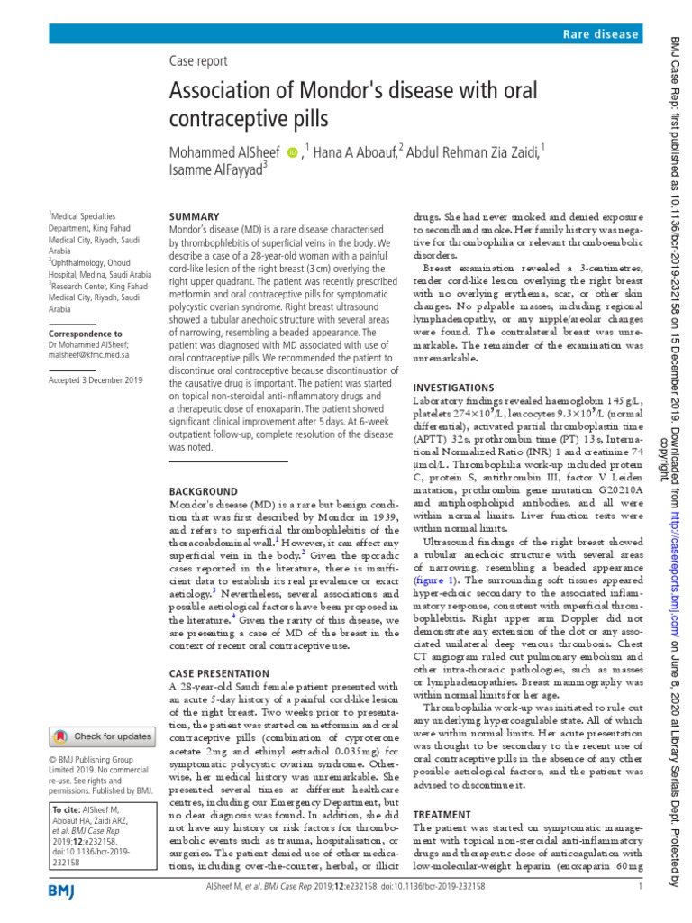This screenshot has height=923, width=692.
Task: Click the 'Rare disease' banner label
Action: click(x=600, y=34)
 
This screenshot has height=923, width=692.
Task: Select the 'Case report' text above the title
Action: click(x=198, y=61)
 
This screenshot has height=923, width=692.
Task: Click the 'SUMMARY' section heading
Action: click(x=194, y=217)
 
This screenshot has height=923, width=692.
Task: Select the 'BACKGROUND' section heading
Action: click(x=204, y=491)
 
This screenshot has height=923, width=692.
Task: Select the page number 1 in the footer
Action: click(x=639, y=888)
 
